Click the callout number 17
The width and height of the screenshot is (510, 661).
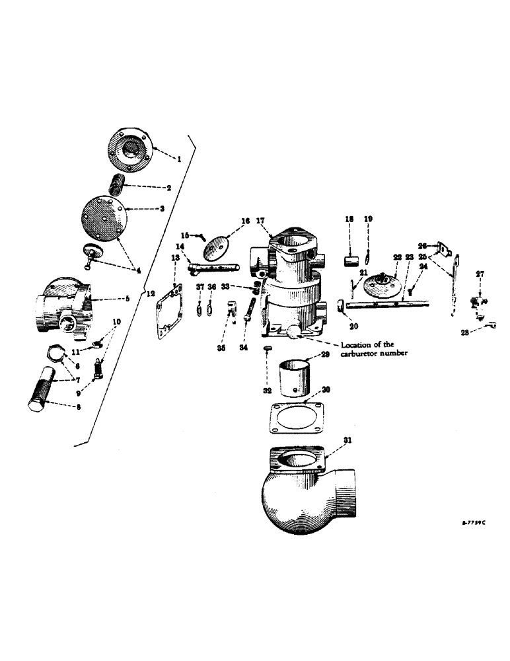(x=260, y=221)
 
